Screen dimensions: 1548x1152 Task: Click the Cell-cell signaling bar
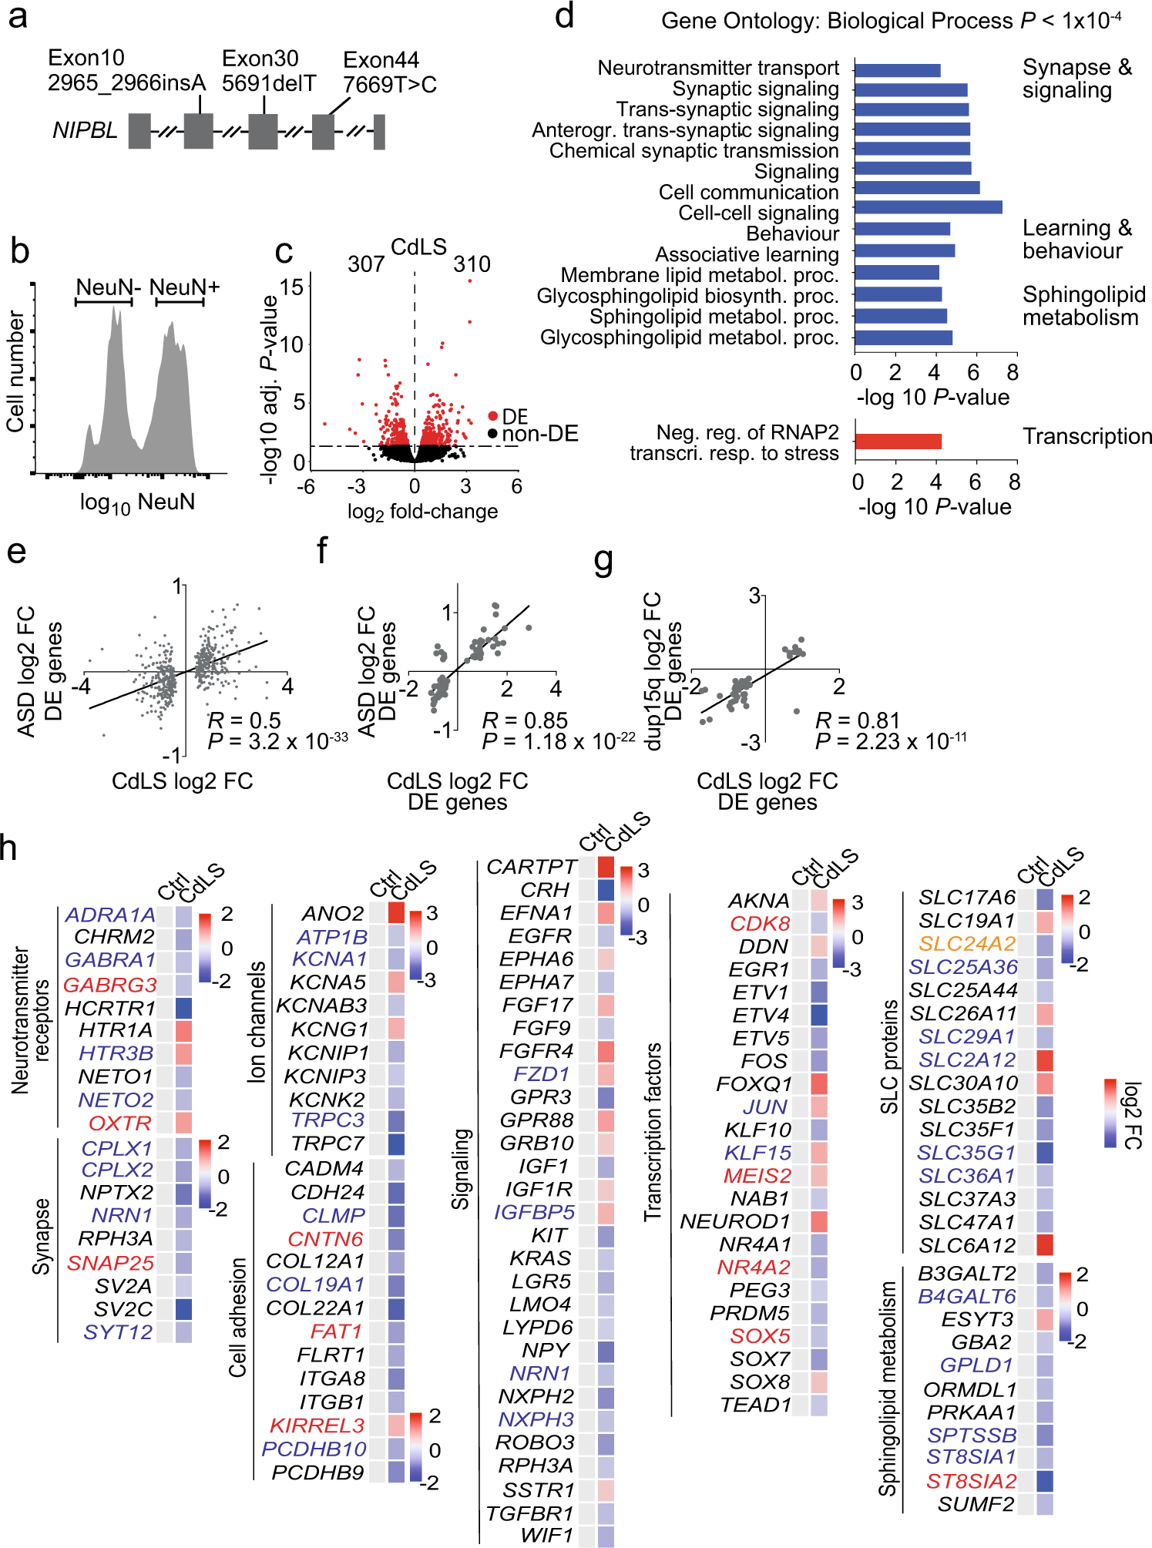click(928, 207)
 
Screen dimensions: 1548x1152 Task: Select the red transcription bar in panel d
click(898, 442)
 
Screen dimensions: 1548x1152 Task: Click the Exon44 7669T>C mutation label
click(389, 72)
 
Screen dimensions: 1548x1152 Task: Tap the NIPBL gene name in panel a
click(85, 131)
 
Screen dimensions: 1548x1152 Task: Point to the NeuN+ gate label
click(184, 287)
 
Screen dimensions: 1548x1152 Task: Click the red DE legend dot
click(493, 416)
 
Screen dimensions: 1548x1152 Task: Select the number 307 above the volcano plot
click(366, 264)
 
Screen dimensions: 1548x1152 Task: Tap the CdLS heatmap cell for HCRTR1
click(183, 1008)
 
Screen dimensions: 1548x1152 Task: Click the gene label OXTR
click(120, 1123)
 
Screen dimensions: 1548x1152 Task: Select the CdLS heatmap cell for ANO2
click(396, 913)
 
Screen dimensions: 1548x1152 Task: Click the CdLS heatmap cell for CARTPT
click(606, 866)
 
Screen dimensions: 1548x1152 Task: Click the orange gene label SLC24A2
click(966, 944)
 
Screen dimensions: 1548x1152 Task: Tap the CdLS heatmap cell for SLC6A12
click(1045, 1245)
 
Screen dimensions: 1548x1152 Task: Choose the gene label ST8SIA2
click(971, 1481)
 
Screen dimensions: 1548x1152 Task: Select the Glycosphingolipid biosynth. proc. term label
click(687, 296)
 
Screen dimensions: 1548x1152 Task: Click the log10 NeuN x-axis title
click(137, 503)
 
